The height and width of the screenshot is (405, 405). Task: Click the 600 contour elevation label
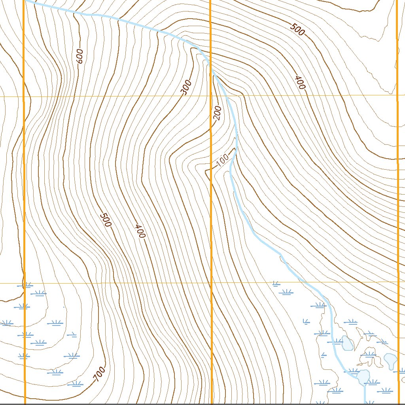[x=79, y=56]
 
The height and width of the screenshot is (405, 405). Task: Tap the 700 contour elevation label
[x=100, y=374]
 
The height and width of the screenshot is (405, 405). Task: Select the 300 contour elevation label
[x=186, y=87]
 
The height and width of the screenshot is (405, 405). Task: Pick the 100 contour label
[x=223, y=160]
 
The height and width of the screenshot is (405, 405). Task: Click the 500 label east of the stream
[x=297, y=29]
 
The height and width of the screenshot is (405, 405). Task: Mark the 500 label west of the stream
[x=105, y=220]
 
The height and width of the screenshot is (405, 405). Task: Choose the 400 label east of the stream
[x=300, y=82]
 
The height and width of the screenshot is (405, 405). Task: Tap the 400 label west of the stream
[x=140, y=231]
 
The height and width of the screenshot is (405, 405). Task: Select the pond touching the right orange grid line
[x=391, y=360]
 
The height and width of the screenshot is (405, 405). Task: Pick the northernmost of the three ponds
[x=347, y=343]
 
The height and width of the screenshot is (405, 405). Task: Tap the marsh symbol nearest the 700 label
[x=75, y=384]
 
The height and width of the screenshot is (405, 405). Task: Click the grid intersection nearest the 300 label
[x=210, y=96]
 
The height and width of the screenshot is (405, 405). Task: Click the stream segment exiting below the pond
[x=365, y=394]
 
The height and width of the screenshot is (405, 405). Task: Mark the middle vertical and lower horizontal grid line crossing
[x=211, y=283]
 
